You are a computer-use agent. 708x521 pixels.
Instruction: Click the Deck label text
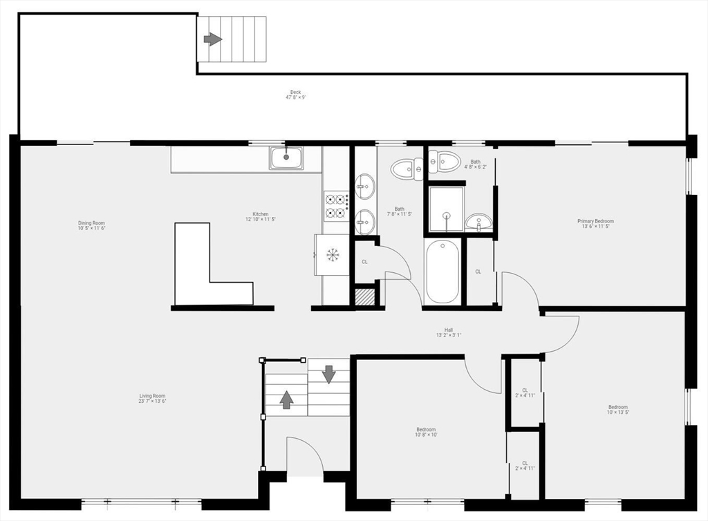295,95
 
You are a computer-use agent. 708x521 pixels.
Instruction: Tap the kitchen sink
286,158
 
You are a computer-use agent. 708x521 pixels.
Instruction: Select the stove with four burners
336,206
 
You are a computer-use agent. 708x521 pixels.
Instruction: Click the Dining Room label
91,225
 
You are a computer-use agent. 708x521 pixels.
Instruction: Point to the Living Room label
152,398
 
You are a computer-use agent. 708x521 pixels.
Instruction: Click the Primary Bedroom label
595,224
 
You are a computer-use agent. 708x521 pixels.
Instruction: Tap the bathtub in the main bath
442,271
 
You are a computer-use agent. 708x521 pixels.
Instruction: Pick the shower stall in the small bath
446,209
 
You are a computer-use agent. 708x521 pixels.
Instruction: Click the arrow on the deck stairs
212,39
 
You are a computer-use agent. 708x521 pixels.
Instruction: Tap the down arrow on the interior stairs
328,373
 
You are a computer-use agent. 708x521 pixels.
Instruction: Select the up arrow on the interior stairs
286,399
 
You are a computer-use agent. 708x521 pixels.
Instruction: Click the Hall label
448,332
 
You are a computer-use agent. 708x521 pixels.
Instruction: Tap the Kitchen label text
260,216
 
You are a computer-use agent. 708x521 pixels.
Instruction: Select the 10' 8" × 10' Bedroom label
425,432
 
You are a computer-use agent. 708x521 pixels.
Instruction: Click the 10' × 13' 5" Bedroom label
618,410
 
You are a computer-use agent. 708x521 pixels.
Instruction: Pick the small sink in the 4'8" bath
478,222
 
